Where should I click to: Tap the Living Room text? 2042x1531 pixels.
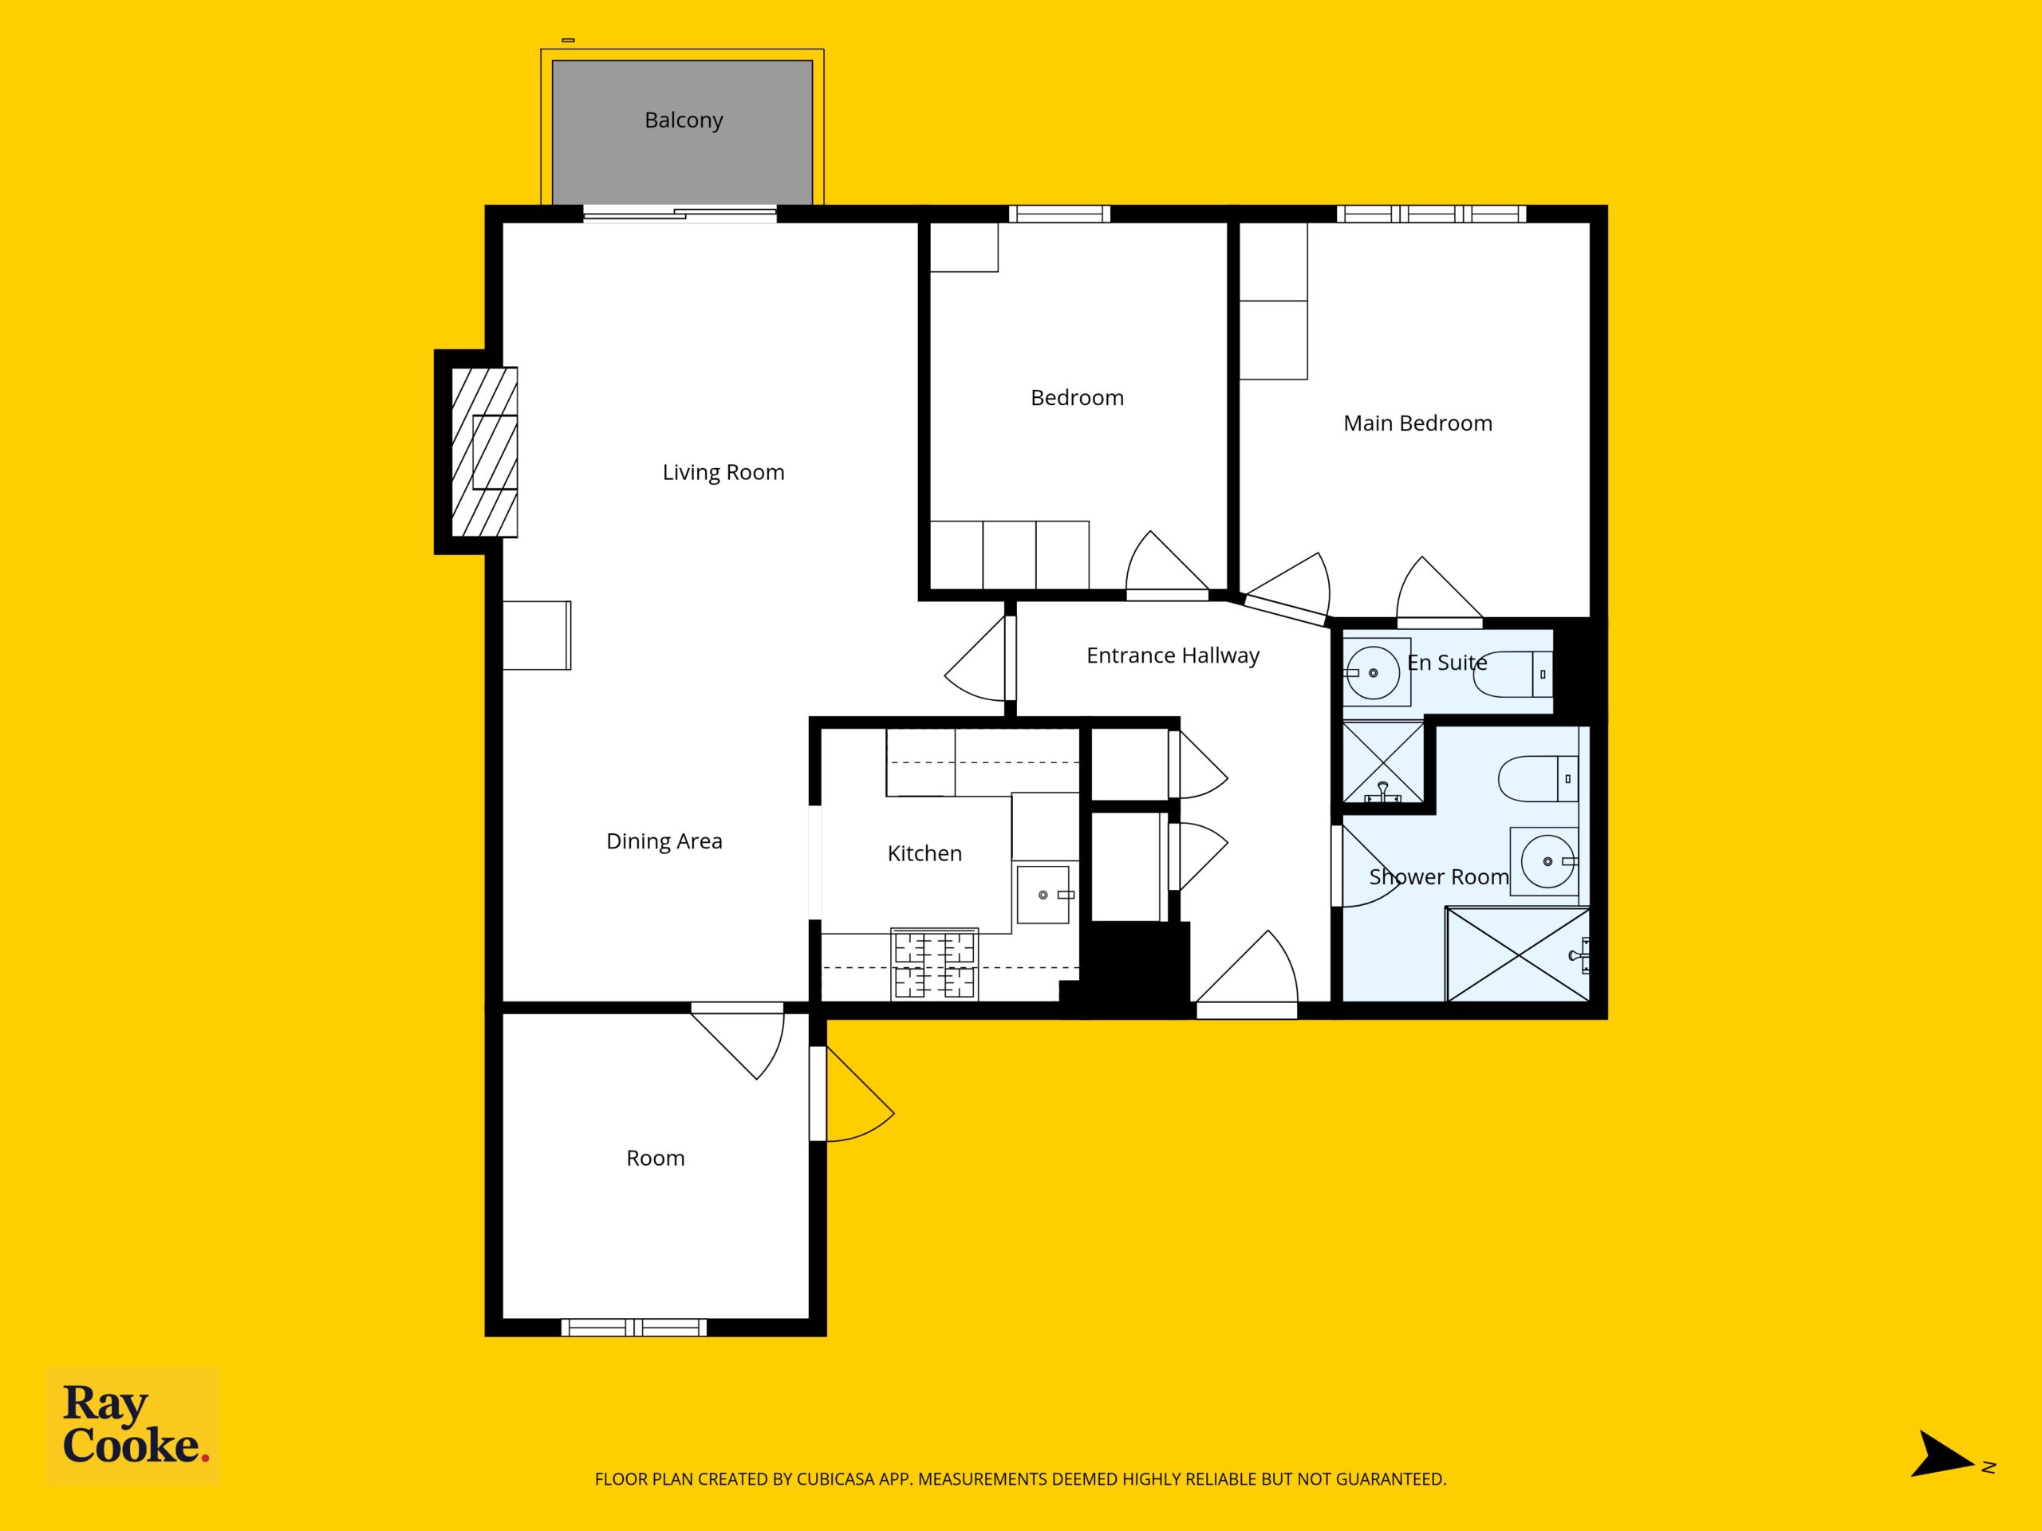(x=723, y=473)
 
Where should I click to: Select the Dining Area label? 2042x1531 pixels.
(x=664, y=841)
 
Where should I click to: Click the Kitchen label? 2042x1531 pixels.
(x=924, y=854)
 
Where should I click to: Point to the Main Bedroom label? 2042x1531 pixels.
(x=1417, y=423)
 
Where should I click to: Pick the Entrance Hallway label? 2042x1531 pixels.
(x=1173, y=656)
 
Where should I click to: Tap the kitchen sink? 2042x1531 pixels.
(x=1043, y=894)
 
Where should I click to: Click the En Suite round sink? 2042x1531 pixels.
(x=1375, y=673)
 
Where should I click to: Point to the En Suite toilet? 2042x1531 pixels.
(x=1512, y=674)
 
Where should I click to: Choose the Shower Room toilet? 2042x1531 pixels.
(x=1537, y=779)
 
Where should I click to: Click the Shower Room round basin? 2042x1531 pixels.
(x=1547, y=861)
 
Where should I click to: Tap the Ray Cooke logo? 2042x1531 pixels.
(x=133, y=1426)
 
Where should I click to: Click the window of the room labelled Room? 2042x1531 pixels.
(x=634, y=1328)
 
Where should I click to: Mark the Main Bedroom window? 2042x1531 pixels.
(x=1431, y=214)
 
